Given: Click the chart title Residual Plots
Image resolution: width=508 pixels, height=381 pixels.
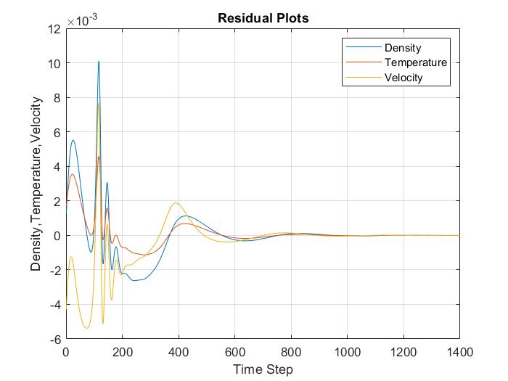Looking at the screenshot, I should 263,18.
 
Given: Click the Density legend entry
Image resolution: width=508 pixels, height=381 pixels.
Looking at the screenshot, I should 403,47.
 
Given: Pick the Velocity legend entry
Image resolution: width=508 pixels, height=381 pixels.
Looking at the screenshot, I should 403,78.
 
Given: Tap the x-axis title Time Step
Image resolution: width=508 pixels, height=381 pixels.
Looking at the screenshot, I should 263,370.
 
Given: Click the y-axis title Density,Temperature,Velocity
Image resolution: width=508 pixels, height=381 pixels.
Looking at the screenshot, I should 36,184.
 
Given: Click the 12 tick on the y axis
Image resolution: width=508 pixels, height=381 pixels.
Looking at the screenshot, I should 53,29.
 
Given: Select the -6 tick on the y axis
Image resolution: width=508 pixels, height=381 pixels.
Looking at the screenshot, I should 54,339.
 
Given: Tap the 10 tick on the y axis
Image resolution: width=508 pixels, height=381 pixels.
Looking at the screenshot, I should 53,63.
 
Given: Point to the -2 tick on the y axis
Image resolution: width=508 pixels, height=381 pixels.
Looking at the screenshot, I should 54,270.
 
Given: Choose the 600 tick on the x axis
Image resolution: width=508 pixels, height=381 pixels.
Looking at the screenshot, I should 234,352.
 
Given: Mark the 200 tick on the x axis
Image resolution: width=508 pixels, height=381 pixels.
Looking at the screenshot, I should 122,352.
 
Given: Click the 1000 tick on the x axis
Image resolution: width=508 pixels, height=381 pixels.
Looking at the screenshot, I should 347,352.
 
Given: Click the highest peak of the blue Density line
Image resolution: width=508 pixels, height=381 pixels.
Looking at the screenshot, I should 99,62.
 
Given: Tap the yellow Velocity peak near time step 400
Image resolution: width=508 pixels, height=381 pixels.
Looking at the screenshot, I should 176,202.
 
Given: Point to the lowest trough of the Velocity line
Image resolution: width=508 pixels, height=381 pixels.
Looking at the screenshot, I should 86,328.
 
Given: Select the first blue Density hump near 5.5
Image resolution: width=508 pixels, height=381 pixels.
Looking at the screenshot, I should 73,140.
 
